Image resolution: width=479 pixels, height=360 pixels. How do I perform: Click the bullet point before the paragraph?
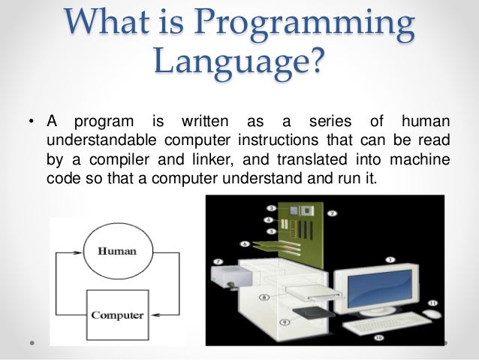click(32, 121)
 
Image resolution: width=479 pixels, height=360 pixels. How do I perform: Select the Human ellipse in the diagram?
click(116, 251)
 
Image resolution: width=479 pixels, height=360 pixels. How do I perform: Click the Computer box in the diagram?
click(116, 315)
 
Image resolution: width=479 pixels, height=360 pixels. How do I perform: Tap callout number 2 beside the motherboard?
click(332, 213)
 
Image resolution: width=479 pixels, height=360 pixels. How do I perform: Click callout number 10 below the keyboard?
click(378, 337)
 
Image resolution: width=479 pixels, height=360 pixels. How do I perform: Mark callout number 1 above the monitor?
click(390, 259)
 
